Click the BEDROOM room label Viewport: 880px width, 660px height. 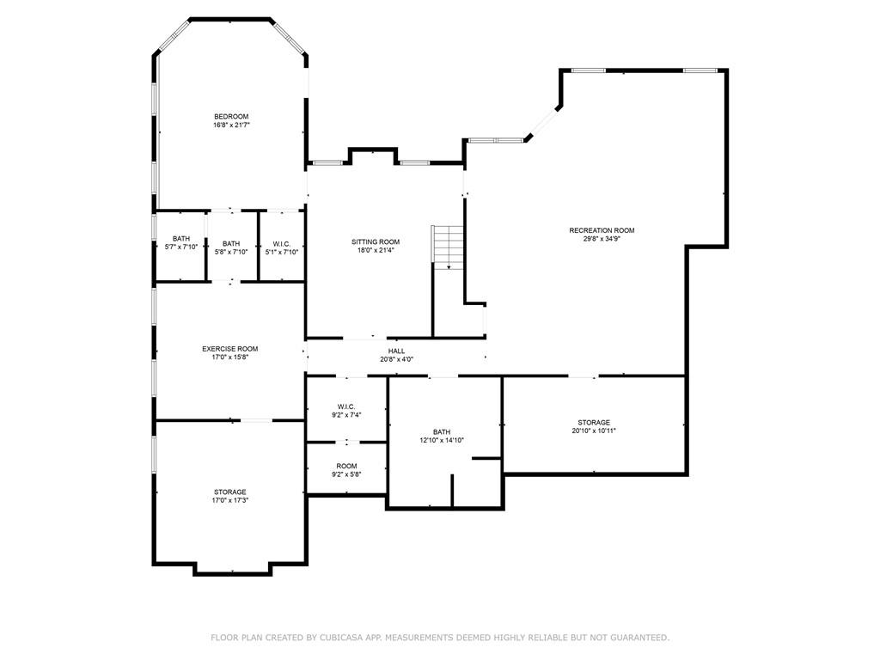click(231, 117)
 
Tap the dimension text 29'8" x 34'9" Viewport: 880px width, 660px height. click(602, 239)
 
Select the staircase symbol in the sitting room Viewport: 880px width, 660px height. click(448, 247)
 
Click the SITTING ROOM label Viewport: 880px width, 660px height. click(376, 242)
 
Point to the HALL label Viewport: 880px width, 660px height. click(396, 351)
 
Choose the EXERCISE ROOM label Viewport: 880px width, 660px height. click(229, 349)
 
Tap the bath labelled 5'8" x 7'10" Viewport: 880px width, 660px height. click(231, 243)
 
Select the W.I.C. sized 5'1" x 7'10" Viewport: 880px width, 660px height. click(280, 243)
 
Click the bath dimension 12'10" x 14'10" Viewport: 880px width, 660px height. click(441, 440)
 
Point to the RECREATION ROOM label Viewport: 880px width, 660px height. click(602, 230)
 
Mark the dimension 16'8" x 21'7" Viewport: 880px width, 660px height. click(231, 125)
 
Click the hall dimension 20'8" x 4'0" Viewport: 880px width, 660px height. click(396, 359)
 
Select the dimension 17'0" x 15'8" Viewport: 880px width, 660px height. click(229, 357)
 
